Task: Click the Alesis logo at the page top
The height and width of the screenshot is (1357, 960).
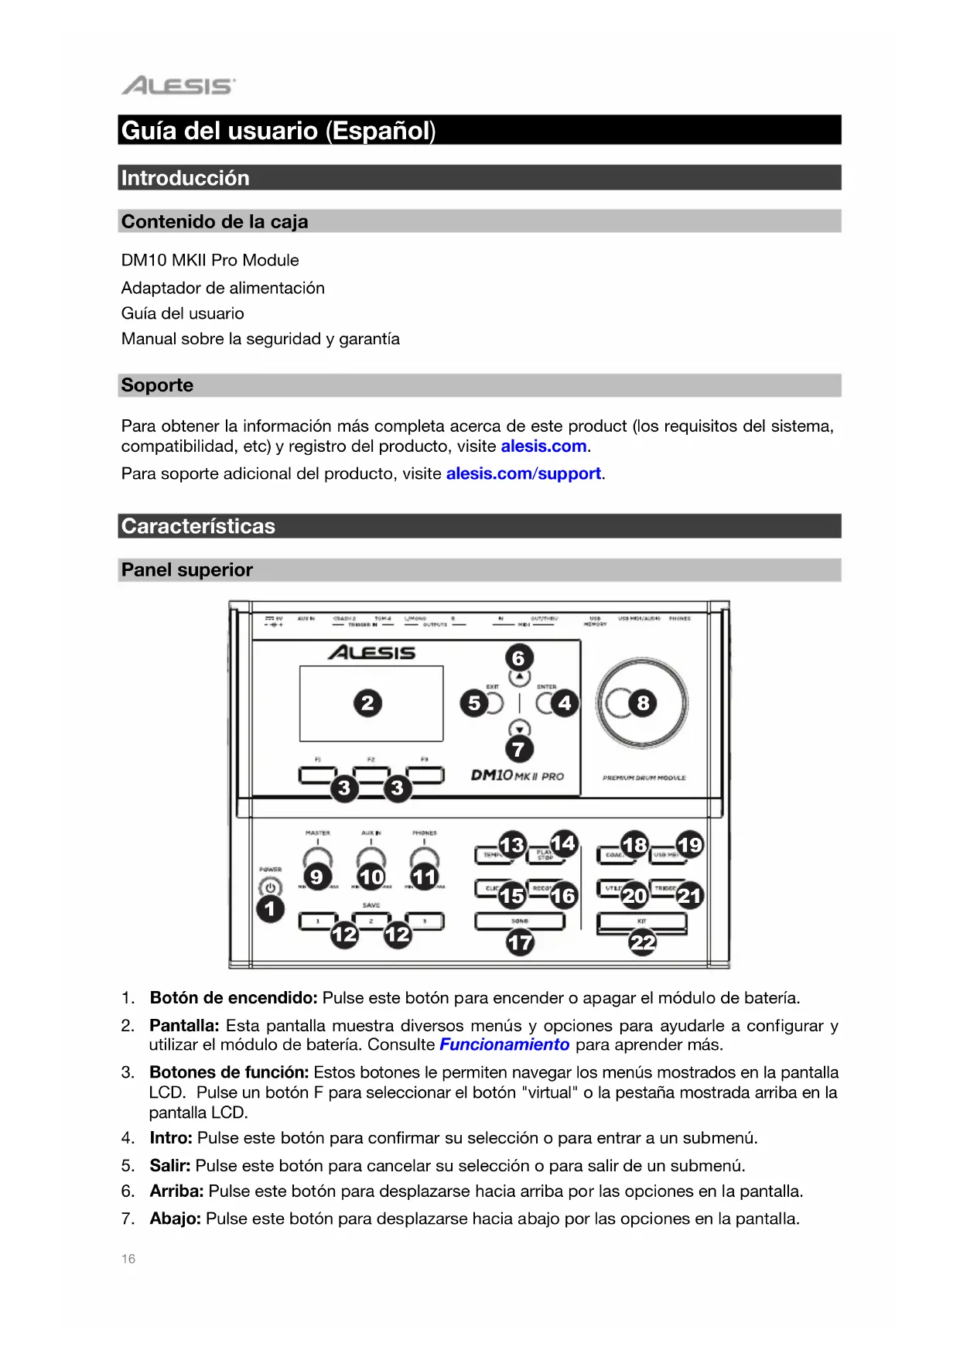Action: [178, 85]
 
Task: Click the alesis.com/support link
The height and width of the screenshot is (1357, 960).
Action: [523, 473]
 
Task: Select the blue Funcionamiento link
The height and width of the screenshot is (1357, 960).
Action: [504, 1044]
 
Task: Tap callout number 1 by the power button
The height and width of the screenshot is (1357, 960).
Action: [270, 908]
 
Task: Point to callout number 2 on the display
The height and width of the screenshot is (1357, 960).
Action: [367, 703]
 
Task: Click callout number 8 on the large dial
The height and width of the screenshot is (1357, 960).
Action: [643, 703]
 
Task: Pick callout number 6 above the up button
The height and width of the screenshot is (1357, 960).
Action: [519, 658]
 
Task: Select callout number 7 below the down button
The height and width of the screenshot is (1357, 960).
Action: [519, 749]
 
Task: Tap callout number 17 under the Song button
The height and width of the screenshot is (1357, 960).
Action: [520, 942]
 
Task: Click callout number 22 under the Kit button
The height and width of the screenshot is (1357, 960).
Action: [643, 942]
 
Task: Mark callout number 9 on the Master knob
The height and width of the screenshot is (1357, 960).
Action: [316, 877]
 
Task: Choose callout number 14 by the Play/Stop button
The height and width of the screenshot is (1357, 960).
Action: [564, 843]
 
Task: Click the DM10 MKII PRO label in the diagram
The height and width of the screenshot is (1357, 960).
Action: [517, 775]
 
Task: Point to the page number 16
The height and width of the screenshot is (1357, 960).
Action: [128, 1259]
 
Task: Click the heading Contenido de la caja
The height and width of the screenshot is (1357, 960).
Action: [214, 222]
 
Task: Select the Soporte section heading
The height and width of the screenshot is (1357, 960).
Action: [157, 385]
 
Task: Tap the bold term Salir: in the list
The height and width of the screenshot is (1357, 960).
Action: [169, 1165]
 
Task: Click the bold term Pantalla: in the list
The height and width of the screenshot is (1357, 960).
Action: [184, 1025]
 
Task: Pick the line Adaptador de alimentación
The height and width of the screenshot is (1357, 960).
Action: [223, 288]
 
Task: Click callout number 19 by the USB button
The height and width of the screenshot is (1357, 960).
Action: [689, 844]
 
